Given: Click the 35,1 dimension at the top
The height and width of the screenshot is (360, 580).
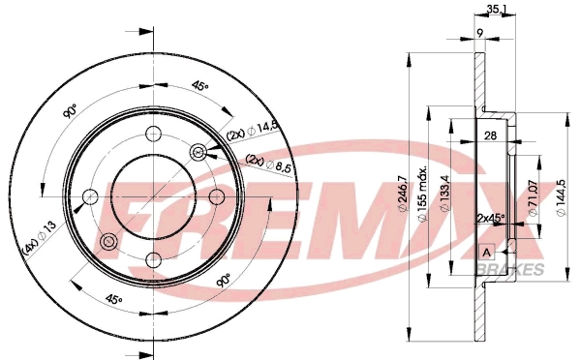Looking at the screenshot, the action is point(494,9).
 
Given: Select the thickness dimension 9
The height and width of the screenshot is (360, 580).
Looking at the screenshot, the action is point(479,33).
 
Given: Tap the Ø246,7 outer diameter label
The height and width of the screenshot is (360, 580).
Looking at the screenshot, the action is point(402,194).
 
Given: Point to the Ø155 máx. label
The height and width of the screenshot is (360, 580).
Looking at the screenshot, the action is point(422,194).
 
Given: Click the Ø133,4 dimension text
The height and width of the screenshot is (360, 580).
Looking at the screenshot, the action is point(444,194).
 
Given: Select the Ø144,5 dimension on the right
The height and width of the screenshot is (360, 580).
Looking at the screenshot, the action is point(562,197).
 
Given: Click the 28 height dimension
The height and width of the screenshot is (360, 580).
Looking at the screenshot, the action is point(490,135).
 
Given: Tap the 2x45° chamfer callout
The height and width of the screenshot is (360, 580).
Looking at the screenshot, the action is point(491,219).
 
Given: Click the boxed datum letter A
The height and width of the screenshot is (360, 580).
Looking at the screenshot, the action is point(487,253).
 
